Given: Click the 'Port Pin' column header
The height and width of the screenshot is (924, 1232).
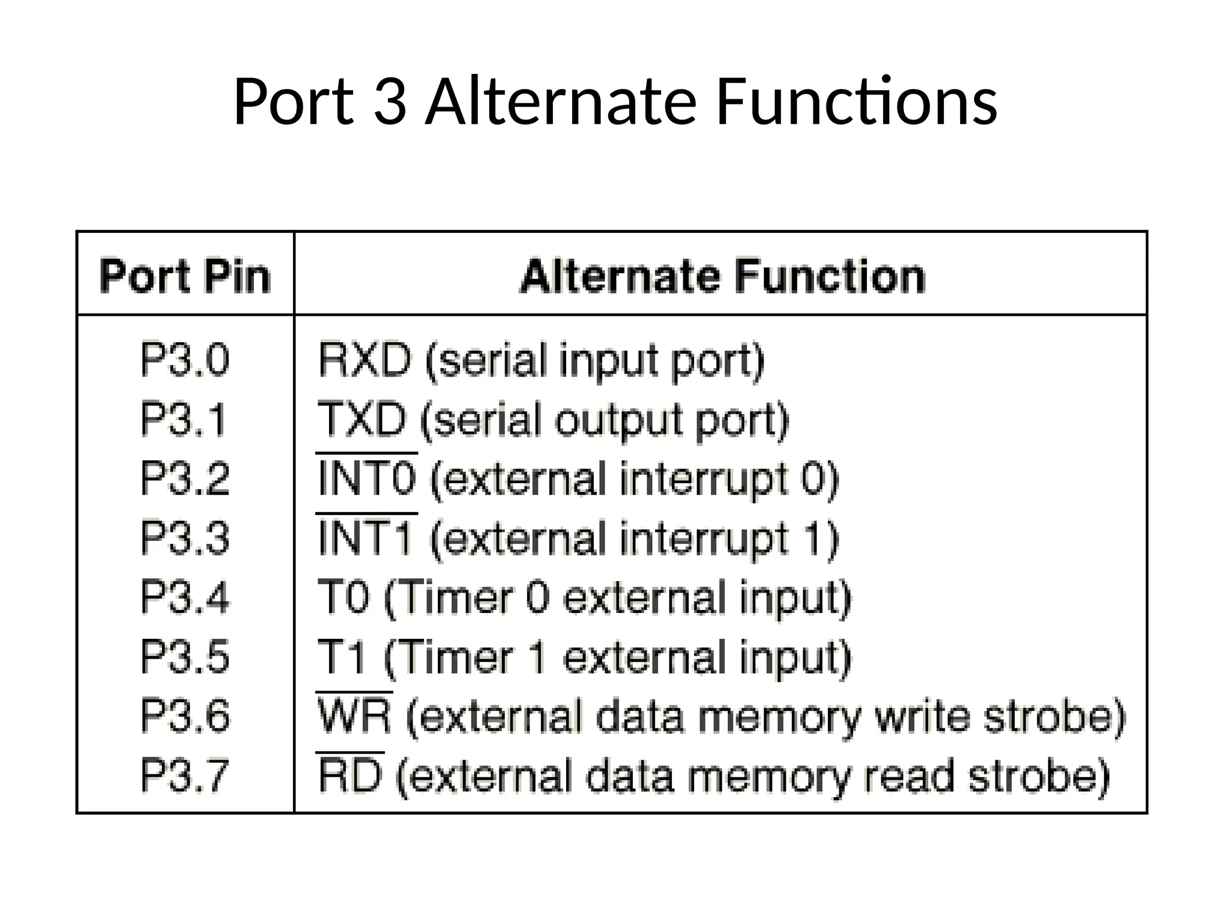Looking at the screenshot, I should pos(185,277).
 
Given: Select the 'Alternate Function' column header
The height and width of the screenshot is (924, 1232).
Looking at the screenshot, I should pos(722,277).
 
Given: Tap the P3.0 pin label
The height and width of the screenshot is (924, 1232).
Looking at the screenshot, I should pos(185,360).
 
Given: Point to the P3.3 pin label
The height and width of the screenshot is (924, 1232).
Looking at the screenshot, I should pos(185,538).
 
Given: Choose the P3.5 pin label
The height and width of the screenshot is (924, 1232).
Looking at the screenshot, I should pos(185,656).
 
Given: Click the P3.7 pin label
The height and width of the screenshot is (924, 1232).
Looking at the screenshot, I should pos(185,775).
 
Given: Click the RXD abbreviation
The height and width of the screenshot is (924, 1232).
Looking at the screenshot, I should pos(365,360).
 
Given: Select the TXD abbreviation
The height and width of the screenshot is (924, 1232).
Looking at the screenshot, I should pos(362,419).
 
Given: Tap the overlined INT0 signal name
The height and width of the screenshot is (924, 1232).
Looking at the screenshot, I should pos(366,479).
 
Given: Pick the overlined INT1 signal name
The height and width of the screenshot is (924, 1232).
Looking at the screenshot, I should pos(365,538).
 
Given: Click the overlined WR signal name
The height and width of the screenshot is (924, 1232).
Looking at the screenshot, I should pos(354,716).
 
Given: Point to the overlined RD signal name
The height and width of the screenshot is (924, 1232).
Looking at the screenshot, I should pos(350,775).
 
